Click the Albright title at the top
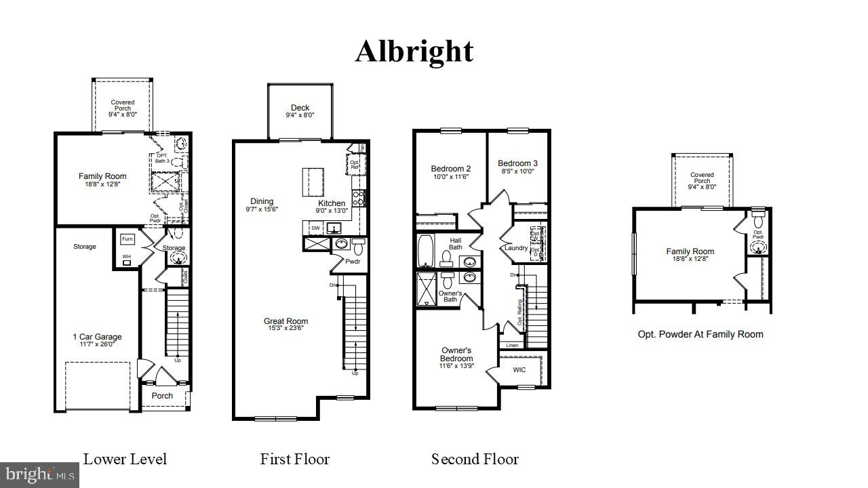pos(414,52)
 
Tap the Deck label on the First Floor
pos(300,108)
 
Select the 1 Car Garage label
pos(98,337)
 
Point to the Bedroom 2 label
pos(450,169)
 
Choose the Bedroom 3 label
pos(517,163)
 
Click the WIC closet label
pos(519,370)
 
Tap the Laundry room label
pos(516,248)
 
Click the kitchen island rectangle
pos(313,182)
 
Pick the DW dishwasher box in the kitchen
pos(316,228)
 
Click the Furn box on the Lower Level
pos(127,239)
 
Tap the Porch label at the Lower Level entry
pos(162,396)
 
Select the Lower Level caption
pos(125,459)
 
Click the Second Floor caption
pos(475,459)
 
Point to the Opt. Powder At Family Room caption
pos(701,334)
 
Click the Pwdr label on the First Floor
pos(353,260)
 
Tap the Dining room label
pos(262,201)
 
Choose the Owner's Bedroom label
pos(456,354)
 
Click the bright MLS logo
pos(39,474)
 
